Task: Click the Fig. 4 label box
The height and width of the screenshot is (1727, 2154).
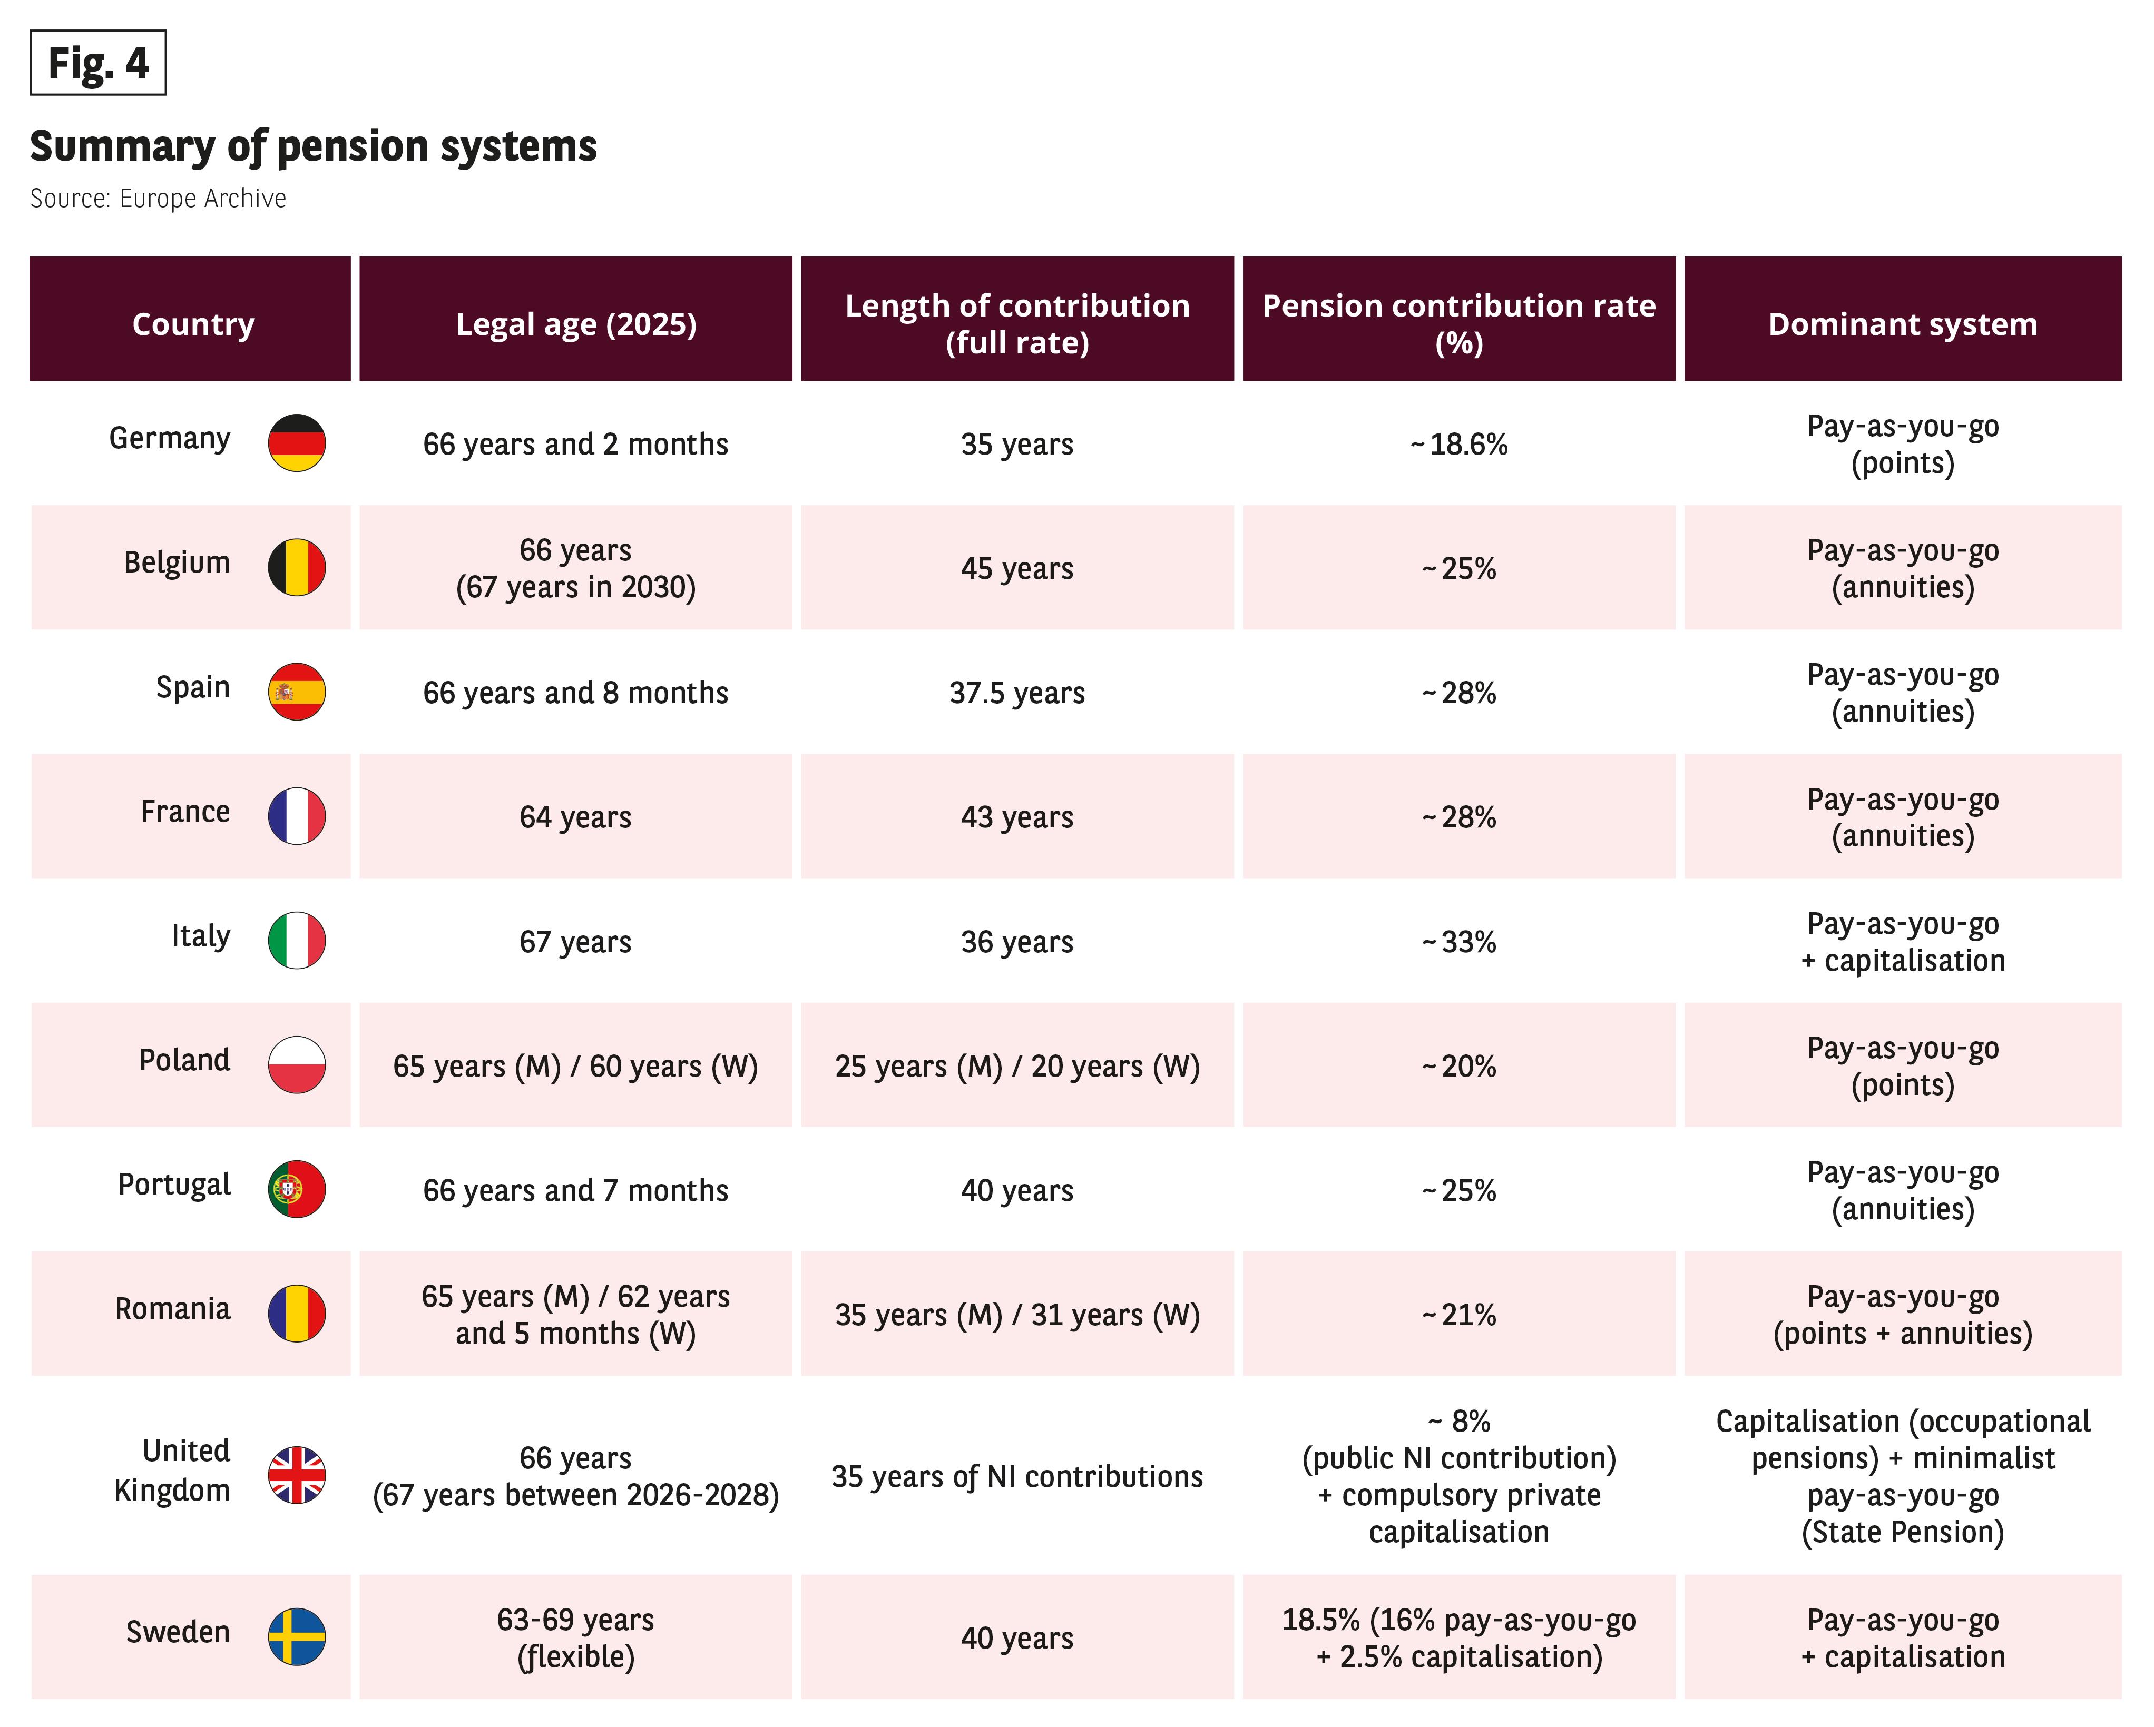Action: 98,63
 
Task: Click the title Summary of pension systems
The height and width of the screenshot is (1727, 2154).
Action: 314,147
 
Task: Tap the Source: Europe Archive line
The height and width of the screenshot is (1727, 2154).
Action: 158,199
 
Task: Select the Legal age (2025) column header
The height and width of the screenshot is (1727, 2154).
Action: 575,323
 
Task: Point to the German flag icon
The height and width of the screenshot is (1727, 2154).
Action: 297,442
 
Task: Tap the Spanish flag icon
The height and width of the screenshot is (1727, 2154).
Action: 297,691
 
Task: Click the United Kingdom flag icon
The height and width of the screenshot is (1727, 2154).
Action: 297,1474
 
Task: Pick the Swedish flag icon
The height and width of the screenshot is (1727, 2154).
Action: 297,1636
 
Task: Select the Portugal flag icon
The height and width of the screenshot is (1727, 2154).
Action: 297,1189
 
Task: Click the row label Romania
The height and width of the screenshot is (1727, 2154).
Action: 173,1308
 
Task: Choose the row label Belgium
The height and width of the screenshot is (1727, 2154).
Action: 177,562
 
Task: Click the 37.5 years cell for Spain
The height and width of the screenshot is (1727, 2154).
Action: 1017,692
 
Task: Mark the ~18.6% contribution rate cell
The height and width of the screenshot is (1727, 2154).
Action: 1458,443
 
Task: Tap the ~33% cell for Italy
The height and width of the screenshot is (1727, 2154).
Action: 1458,941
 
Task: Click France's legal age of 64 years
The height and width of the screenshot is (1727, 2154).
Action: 575,817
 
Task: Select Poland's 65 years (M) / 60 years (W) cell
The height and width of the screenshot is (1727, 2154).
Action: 575,1067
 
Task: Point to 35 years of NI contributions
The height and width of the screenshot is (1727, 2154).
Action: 1017,1476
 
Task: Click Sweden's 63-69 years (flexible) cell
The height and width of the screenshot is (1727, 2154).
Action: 575,1638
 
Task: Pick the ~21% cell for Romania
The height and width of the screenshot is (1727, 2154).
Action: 1458,1315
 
